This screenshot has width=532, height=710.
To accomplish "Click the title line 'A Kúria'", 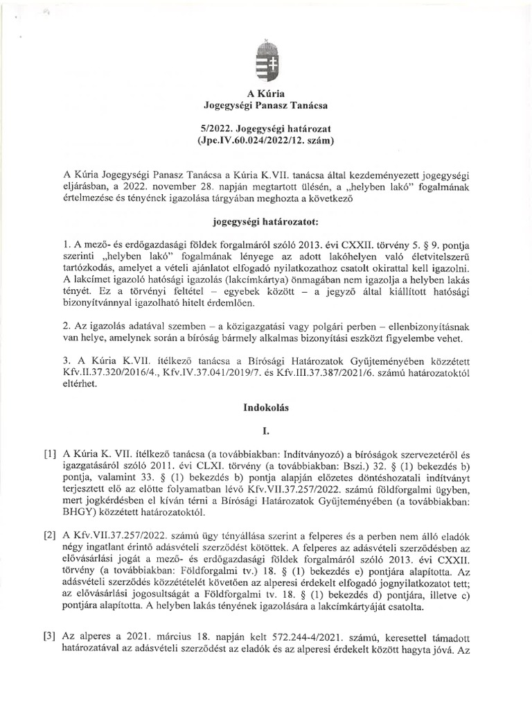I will click(x=266, y=93).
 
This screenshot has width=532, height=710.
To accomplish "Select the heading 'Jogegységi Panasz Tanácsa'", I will click(x=266, y=105).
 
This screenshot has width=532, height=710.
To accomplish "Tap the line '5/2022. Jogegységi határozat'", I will click(x=266, y=130).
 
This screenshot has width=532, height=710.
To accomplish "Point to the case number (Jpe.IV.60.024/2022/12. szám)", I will click(x=266, y=142).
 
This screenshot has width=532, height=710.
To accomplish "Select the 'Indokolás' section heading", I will click(x=266, y=409).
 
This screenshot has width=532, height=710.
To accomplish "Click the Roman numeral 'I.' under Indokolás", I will click(x=266, y=431).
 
